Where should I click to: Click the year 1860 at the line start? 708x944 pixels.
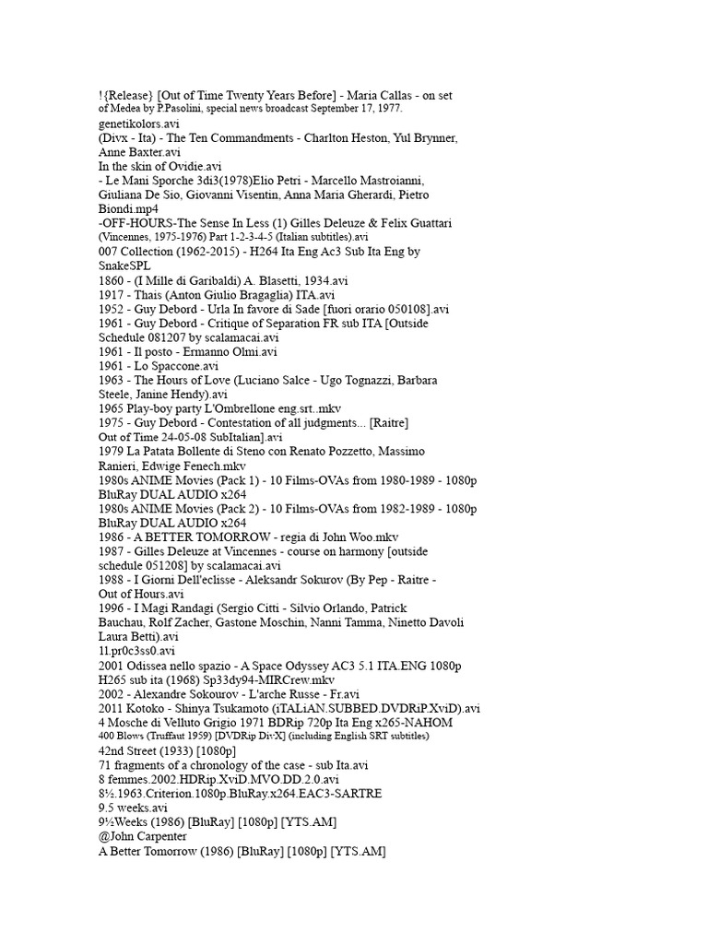click(112, 280)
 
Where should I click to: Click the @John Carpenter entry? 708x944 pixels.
click(143, 836)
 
